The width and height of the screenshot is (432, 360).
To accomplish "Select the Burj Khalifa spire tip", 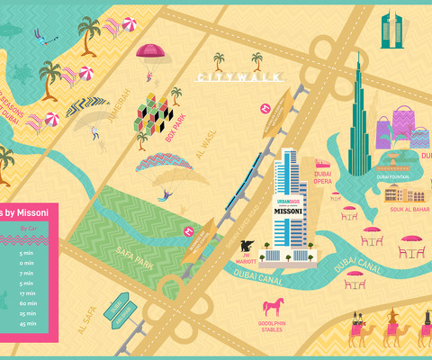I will click(358, 54).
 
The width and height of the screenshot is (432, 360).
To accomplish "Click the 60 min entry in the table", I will click(27, 303).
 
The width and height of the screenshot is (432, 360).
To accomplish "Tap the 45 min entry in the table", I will click(27, 323).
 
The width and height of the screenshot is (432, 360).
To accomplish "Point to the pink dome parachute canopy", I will click(151, 51).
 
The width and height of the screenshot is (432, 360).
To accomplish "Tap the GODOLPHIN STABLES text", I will click(275, 326).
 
